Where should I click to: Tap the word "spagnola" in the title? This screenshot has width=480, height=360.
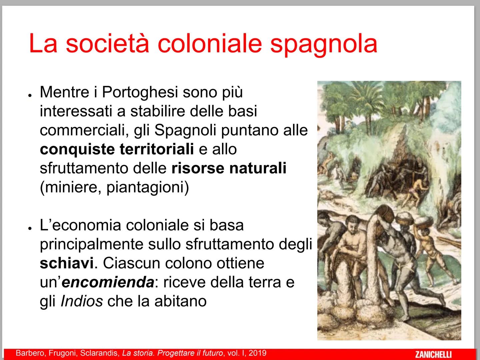(x=323, y=44)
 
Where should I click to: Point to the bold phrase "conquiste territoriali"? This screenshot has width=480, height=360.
(x=117, y=149)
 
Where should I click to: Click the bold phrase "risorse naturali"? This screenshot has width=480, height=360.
(x=229, y=168)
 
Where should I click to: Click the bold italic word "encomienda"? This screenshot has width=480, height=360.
(x=108, y=282)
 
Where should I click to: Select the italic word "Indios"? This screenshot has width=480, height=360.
(x=82, y=301)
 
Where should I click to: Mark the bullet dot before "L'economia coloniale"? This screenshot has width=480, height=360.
(x=30, y=228)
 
